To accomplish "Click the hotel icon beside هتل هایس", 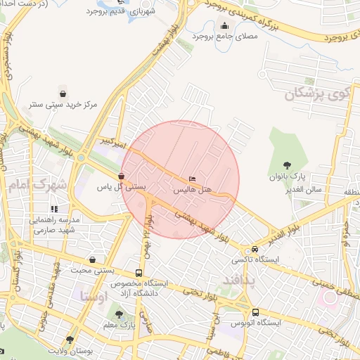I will tap(192, 179).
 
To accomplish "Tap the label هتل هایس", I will tap(192, 189).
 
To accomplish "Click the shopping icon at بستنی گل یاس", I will tap(122, 176).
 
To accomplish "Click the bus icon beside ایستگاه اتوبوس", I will tap(255, 311).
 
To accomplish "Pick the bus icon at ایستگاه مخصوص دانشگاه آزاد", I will tap(139, 273).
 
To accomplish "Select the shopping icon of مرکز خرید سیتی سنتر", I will tap(63, 94).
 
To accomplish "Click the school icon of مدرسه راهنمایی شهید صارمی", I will tap(54, 209).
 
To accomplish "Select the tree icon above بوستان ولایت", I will tap(70, 340).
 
